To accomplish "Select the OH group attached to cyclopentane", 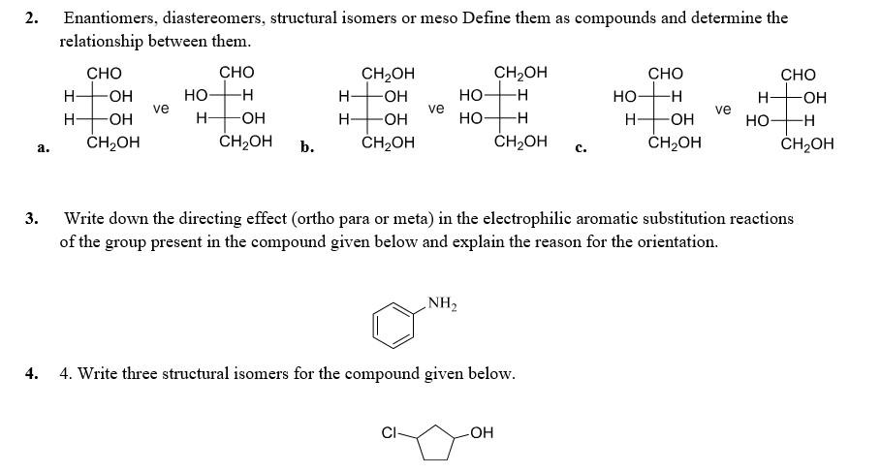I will pos(482,433).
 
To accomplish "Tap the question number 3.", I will pos(32,219).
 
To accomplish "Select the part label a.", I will pos(42,148).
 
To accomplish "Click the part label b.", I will pos(306,148).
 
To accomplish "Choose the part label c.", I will pos(580,148).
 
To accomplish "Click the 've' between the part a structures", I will pos(161,109).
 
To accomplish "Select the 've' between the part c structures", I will pos(722,110).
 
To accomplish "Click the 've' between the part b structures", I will pos(436,109).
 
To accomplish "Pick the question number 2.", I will pos(32,17).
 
